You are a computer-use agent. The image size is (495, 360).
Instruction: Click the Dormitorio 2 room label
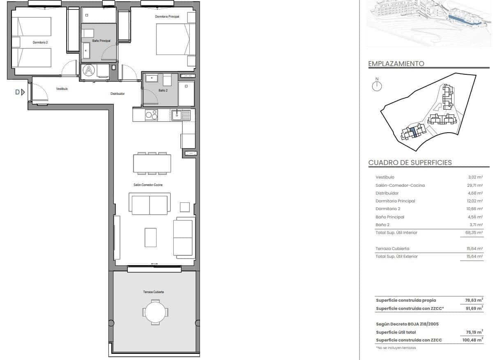(x=41, y=42)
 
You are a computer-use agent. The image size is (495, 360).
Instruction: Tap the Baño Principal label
(x=99, y=41)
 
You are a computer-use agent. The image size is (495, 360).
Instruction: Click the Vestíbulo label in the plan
(x=62, y=89)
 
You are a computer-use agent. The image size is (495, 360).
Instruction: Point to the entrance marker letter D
(x=17, y=92)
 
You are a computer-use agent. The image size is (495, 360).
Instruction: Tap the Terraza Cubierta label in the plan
(x=154, y=292)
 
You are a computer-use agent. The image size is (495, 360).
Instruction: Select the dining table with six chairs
(x=152, y=163)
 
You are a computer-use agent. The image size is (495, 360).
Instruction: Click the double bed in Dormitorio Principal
(x=173, y=39)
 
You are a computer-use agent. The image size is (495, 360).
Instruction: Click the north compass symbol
(x=377, y=86)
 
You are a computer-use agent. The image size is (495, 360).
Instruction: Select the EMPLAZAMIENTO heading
(x=396, y=64)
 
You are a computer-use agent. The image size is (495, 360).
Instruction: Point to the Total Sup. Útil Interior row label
(x=396, y=233)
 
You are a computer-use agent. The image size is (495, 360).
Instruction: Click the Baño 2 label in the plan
(x=163, y=90)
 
